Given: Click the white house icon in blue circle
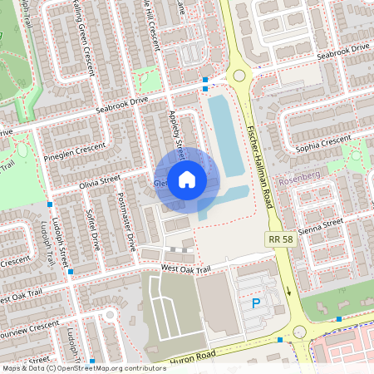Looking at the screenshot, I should click(x=187, y=179).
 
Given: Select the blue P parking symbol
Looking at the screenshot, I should click(x=256, y=304).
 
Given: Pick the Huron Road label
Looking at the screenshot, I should click(x=194, y=358).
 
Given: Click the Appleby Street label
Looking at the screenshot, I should click(x=177, y=133).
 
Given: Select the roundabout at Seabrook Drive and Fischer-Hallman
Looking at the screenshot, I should click(x=239, y=76).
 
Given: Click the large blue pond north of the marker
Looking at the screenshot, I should click(x=221, y=133).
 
